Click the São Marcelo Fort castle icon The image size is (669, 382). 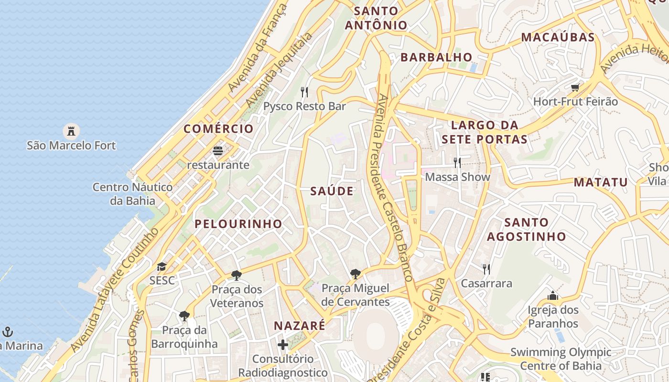click(71, 131)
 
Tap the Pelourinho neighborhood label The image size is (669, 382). click(238, 224)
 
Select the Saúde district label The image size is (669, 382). click(332, 191)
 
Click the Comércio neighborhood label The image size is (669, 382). click(218, 129)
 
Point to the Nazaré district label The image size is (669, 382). click(299, 326)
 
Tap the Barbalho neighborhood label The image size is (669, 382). click(436, 57)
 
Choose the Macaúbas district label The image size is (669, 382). click(558, 37)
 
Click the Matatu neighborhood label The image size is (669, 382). click(601, 182)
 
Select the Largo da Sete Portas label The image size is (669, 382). click(485, 132)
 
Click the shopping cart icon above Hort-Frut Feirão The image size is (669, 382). click(575, 87)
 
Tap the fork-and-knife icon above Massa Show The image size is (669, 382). click(457, 163)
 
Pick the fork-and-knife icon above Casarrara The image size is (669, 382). click(486, 269)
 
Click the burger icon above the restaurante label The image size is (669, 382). click(218, 151)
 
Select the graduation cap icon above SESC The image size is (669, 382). click(162, 266)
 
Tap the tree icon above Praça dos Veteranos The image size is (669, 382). click(236, 276)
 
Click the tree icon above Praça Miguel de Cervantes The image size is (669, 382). click(355, 274)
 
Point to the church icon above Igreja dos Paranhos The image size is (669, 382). click(553, 296)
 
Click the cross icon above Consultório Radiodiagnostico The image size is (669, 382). click(283, 344)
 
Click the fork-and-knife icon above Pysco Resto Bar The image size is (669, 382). click(304, 92)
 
